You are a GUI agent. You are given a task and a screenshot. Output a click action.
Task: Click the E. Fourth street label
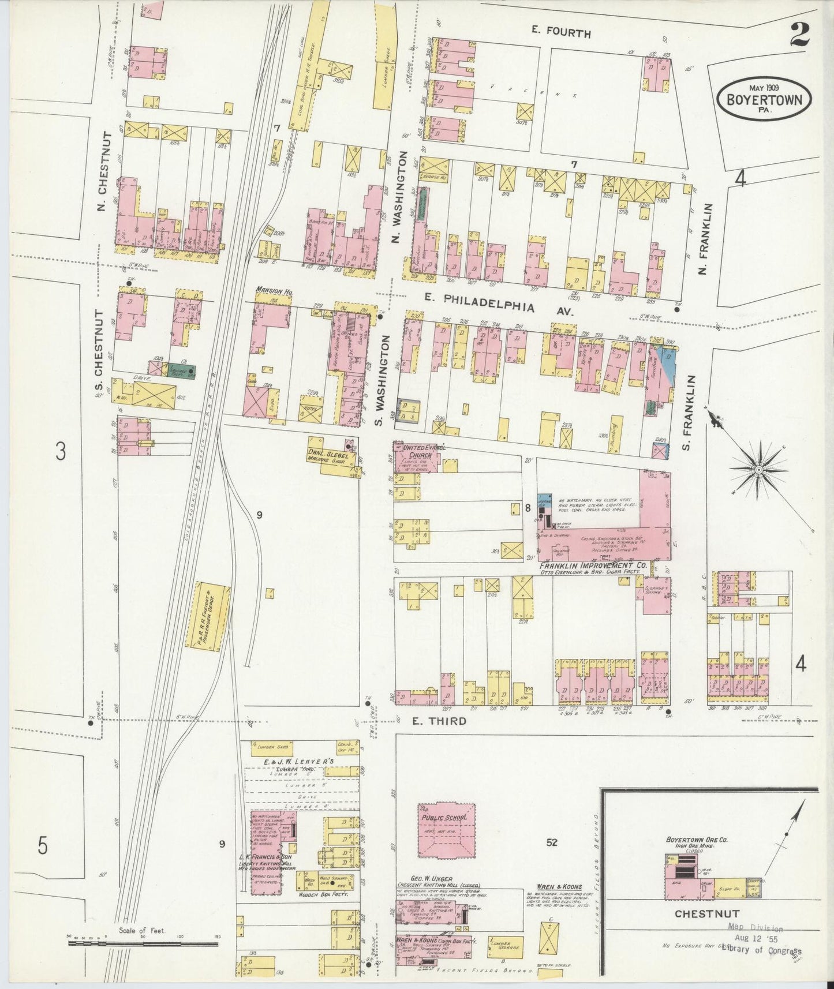(561, 33)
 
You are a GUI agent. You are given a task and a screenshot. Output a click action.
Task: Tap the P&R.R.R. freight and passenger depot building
(207, 615)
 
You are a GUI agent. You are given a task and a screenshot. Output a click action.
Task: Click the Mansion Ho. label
(275, 293)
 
